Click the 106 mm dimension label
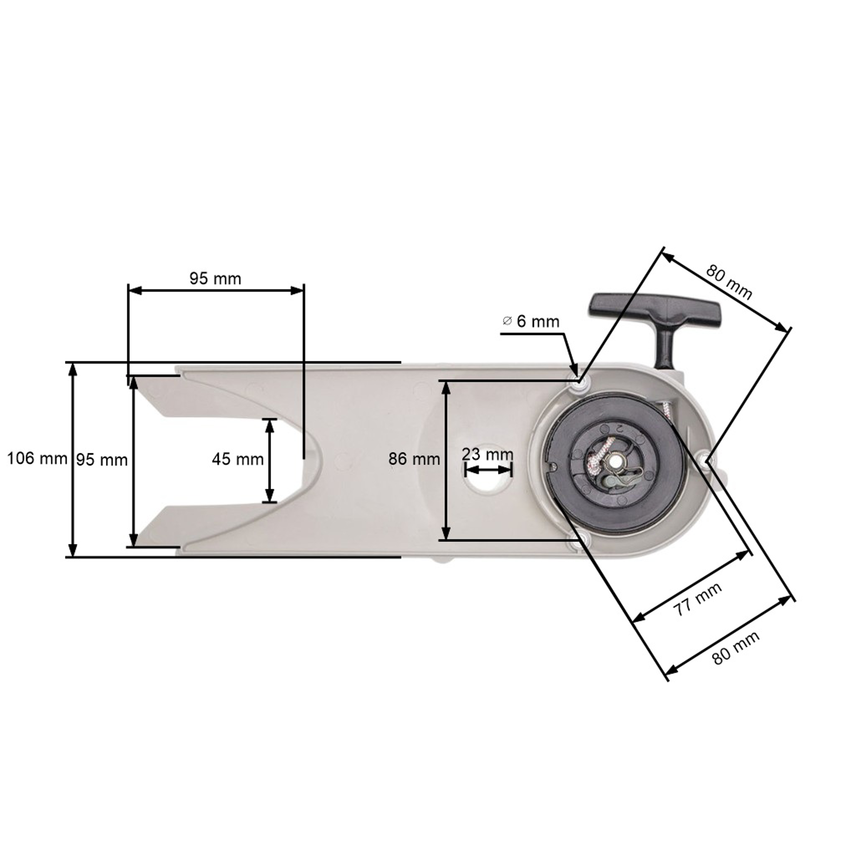(37, 458)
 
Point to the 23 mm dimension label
(487, 454)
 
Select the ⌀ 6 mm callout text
(531, 321)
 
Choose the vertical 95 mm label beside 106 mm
(102, 460)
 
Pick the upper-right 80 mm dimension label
(729, 282)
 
